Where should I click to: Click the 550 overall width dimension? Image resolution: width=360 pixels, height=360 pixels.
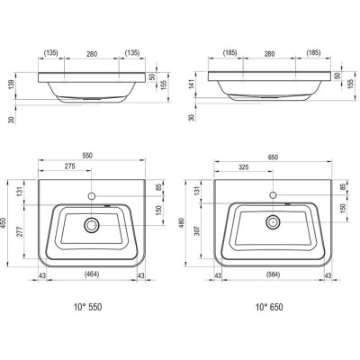(x=88, y=156)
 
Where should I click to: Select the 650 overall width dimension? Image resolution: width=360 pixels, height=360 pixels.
(x=273, y=157)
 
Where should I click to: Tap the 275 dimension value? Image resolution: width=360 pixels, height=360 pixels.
(x=69, y=166)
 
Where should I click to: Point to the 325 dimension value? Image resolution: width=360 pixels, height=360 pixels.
(x=243, y=167)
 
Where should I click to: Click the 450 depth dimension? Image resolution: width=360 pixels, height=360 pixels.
(x=4, y=223)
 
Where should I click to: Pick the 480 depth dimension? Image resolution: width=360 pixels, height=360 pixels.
(x=181, y=223)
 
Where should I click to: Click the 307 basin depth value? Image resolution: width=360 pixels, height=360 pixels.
(x=196, y=230)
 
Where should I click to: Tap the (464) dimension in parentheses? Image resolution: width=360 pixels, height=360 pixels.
(x=92, y=274)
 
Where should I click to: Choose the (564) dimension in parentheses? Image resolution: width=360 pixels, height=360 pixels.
(x=273, y=274)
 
